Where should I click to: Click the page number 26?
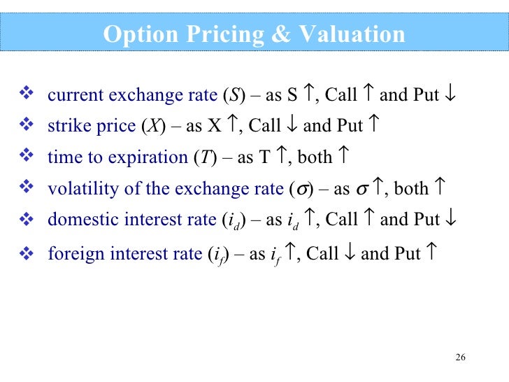[x=460, y=358]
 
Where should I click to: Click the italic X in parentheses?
[x=152, y=127]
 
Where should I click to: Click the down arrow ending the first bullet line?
[x=451, y=94]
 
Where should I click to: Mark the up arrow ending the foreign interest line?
[x=431, y=253]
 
